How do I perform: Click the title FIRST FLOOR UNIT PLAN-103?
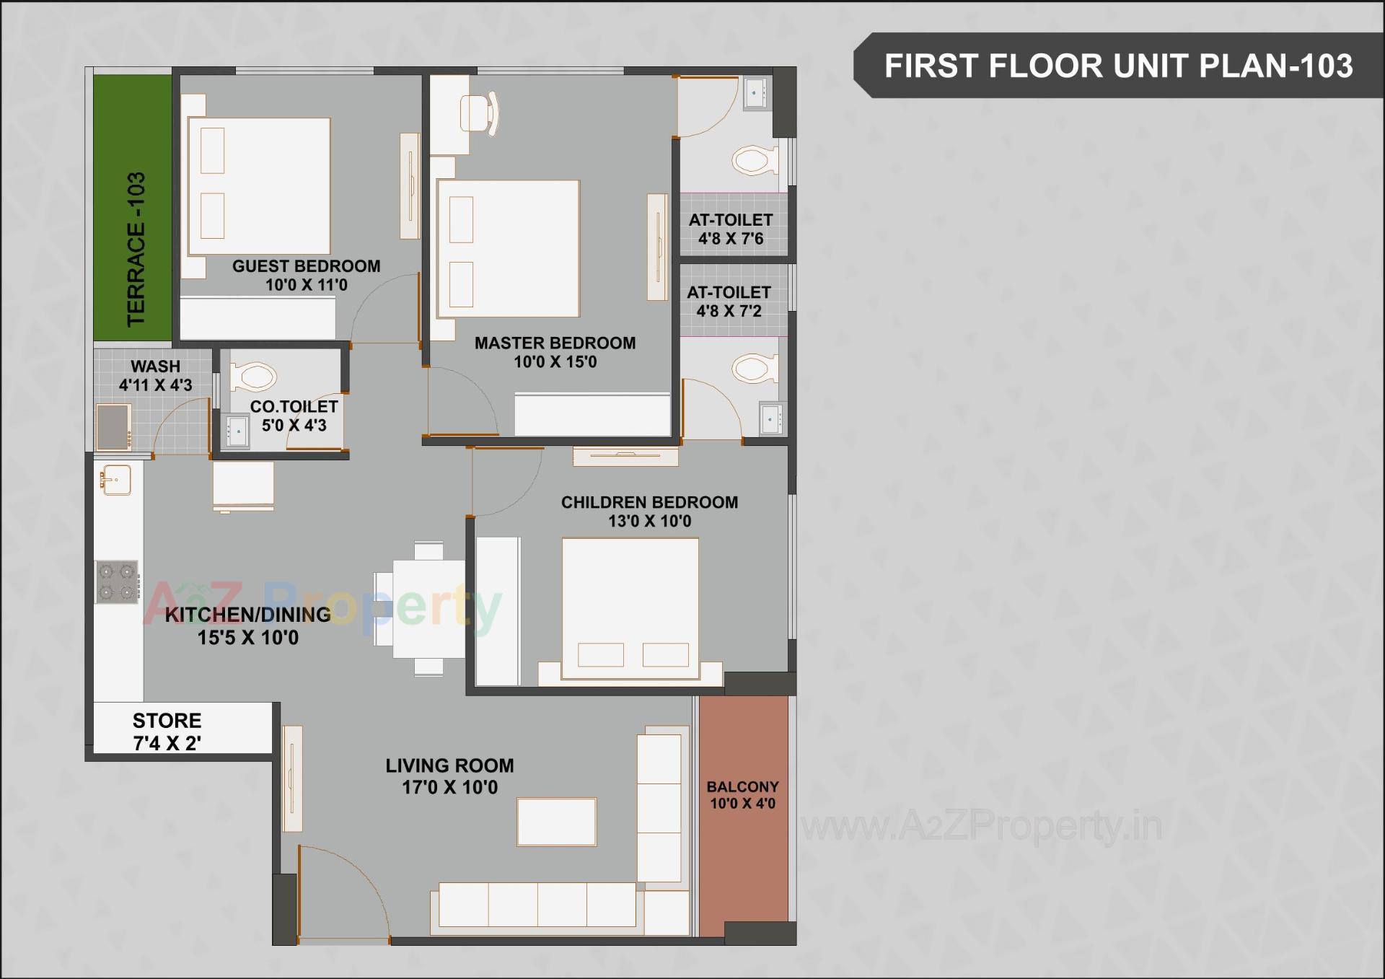coord(1118,66)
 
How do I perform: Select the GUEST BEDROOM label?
coord(306,266)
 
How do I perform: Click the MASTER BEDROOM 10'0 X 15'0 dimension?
coord(555,362)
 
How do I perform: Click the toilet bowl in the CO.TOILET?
coord(253,377)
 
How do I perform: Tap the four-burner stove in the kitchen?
coord(117,582)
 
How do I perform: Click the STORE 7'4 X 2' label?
coord(167,732)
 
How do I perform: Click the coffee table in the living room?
coord(556,822)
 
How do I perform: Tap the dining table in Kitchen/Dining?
coord(428,609)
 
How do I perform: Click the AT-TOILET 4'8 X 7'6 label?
coord(730,229)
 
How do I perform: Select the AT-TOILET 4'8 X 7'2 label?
coord(729,302)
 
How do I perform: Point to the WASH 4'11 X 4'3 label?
coord(155,375)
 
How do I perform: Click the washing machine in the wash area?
coord(114,426)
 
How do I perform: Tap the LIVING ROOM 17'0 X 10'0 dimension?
coord(449,787)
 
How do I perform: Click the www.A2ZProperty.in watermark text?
coord(981,826)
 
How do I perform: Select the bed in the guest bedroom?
coord(258,186)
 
